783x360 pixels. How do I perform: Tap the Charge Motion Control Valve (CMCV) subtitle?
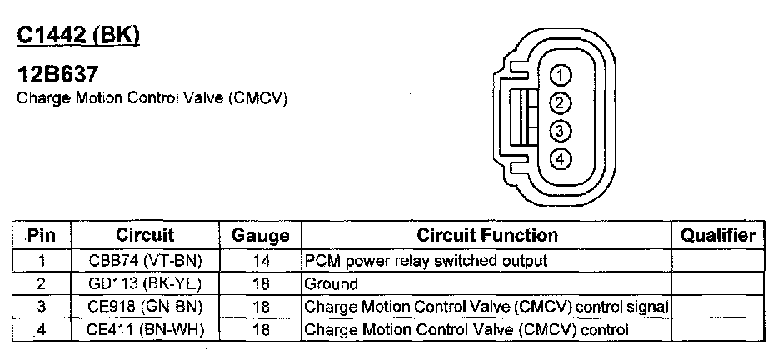(152, 98)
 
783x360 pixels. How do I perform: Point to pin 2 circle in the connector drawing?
(561, 103)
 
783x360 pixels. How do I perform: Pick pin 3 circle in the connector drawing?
(561, 131)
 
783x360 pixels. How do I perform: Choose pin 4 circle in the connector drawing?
(561, 158)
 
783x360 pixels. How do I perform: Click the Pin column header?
(41, 236)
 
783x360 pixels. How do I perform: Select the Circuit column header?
(145, 236)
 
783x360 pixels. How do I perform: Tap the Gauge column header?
(260, 236)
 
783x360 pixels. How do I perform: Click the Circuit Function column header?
(486, 236)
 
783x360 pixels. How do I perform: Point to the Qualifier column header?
(718, 236)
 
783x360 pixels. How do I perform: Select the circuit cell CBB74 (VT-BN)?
(145, 261)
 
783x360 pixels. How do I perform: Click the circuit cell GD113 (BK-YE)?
(145, 284)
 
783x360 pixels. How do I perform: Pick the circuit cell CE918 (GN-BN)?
(145, 307)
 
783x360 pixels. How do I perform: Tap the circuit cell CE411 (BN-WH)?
(145, 330)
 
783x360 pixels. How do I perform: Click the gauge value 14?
(260, 261)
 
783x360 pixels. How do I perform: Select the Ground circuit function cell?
(332, 284)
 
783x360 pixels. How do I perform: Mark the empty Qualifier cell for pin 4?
(718, 330)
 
